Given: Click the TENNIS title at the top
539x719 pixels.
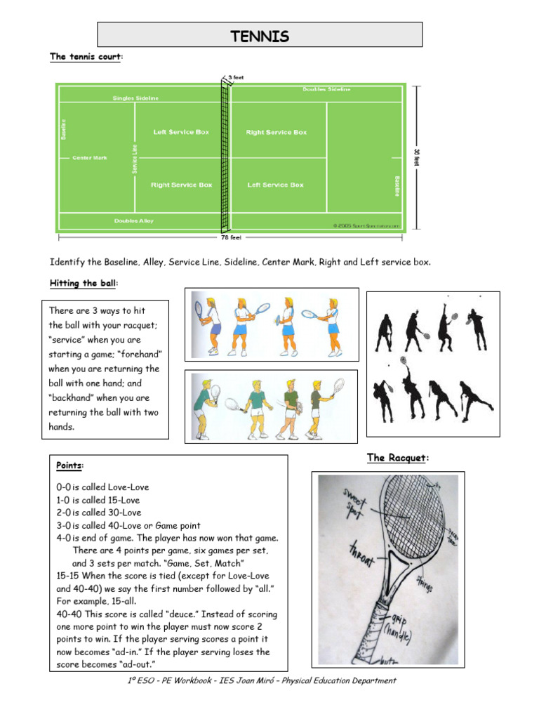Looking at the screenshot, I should click(x=260, y=36).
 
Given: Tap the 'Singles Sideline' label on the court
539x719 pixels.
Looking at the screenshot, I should click(x=136, y=98).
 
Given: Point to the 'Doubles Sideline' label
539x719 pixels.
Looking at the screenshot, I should click(x=326, y=89).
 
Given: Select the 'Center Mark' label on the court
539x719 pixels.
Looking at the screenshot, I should click(x=90, y=158).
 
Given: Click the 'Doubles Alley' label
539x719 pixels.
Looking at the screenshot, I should click(x=133, y=221).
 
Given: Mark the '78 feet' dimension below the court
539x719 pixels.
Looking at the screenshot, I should click(x=225, y=237).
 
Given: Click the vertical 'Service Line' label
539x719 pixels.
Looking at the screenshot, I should click(x=135, y=159).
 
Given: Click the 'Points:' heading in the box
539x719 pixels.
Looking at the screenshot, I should click(x=69, y=466).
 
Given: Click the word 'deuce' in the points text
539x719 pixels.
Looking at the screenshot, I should click(x=159, y=614).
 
